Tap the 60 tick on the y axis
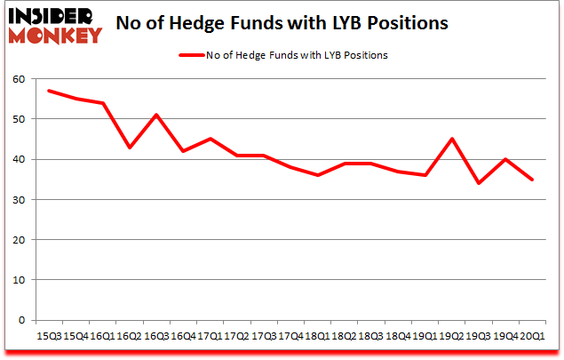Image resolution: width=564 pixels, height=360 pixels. (19, 79)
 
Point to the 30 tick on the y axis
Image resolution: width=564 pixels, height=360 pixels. (19, 200)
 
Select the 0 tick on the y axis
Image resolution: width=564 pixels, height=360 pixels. (22, 320)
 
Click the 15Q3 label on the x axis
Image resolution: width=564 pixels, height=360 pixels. (49, 335)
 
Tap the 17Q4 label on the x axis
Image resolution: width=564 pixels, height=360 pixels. (290, 335)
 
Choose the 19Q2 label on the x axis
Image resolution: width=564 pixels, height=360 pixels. (450, 335)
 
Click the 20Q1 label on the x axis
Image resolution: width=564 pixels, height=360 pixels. (531, 335)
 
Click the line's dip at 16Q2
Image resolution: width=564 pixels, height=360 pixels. (131, 148)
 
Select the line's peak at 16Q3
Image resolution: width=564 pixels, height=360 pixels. (157, 115)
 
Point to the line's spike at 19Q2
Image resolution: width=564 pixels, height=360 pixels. (451, 139)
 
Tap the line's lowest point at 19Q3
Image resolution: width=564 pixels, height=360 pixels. (478, 183)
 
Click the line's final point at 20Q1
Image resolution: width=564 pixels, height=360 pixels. (531, 180)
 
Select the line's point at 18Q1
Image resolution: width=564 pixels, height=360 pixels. (318, 175)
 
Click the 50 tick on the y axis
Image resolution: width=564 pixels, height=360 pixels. (19, 119)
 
